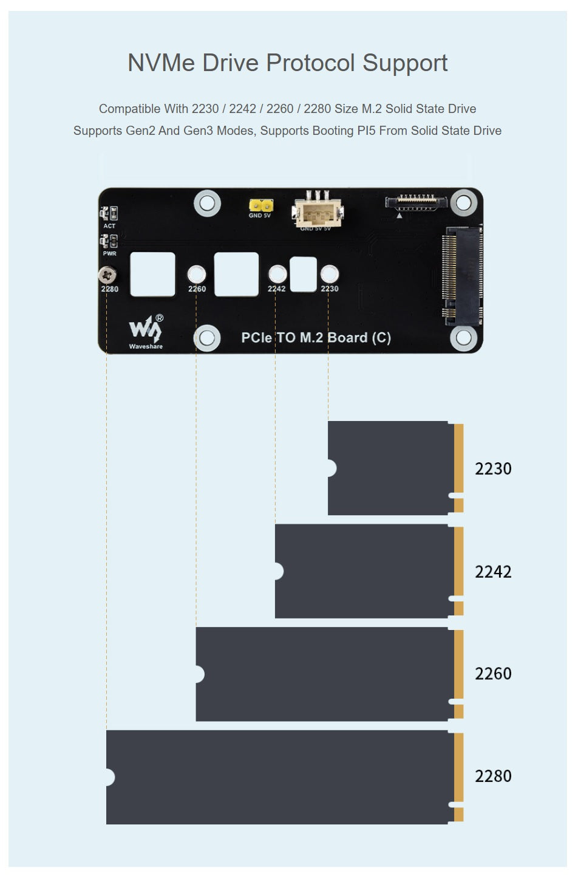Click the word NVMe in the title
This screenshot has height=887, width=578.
[x=161, y=63]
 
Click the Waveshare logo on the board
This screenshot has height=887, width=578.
[x=146, y=330]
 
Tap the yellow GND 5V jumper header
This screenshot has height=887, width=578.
[x=260, y=205]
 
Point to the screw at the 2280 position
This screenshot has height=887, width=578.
[x=107, y=275]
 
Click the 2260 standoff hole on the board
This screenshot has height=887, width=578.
[x=197, y=275]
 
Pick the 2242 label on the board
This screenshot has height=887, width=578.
[x=276, y=289]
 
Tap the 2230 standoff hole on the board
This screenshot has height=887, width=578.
[x=329, y=274]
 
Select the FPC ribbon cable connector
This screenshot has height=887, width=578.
[x=416, y=201]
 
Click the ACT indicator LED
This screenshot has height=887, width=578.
[x=109, y=213]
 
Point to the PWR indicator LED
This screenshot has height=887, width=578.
[x=109, y=241]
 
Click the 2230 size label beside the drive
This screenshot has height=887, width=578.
[x=493, y=468]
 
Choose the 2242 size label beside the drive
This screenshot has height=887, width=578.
[x=493, y=572]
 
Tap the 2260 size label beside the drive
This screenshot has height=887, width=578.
[x=493, y=674]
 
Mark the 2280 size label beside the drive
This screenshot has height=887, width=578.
[x=493, y=776]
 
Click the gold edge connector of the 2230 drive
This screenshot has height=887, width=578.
[x=459, y=459]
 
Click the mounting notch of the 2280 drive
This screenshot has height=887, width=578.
[x=109, y=777]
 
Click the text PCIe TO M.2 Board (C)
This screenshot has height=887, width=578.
[x=316, y=338]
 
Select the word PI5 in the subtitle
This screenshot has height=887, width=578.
[x=366, y=131]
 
